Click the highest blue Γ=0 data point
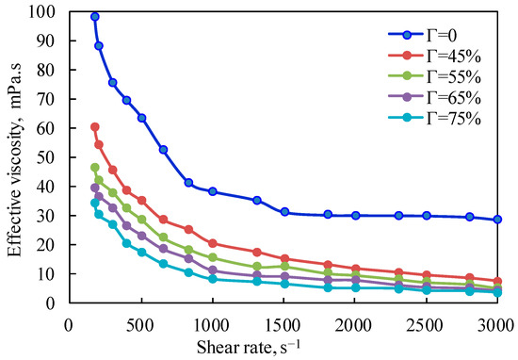point(95,17)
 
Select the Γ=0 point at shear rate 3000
point(497,220)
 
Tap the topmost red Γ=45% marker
point(95,126)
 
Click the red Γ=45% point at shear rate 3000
point(497,281)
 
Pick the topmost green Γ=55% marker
point(95,168)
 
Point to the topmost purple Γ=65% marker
point(95,188)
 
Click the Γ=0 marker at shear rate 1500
point(283,212)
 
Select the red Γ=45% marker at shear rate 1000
point(213,243)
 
